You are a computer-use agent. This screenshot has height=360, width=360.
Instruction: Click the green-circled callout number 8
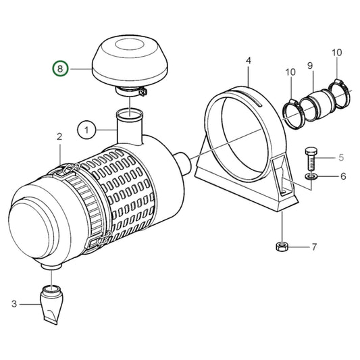60,69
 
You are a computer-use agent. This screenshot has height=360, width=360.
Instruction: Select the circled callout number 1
86,130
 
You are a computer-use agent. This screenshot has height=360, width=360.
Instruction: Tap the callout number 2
59,136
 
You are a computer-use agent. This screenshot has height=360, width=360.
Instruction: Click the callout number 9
310,66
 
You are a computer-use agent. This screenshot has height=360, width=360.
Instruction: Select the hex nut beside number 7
282,247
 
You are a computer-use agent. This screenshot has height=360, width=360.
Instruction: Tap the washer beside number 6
311,176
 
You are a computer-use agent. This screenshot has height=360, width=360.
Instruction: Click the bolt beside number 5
311,159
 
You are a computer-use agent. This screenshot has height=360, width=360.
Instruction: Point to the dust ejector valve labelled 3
52,303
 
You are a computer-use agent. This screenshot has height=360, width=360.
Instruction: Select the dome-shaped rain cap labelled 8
130,60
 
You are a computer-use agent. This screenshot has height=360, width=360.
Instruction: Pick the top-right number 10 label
337,53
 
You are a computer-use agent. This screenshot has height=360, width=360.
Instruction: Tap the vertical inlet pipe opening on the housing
130,114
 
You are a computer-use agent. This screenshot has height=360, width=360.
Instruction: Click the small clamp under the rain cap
131,92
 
